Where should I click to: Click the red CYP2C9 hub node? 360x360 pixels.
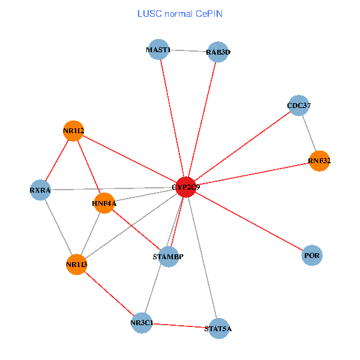coord(186,187)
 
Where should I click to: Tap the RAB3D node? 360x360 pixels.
coord(217,52)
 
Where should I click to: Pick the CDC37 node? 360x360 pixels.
coord(298,106)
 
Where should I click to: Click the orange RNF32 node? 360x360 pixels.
coord(319,161)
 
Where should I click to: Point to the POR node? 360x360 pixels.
coord(312,256)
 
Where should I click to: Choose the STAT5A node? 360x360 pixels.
coord(218,328)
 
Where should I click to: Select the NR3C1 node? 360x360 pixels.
coord(142,323)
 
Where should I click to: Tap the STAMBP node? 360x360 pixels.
coord(169,257)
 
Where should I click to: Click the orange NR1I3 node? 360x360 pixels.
coord(76,264)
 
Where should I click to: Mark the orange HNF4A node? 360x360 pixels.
coord(104,203)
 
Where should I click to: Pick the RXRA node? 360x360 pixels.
coord(40,190)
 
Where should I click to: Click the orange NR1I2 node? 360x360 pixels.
coord(73,130)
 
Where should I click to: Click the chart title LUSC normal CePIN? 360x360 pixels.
coord(179,13)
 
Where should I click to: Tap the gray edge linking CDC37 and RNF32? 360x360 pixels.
coord(309,134)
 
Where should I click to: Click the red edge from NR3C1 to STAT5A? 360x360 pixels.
coord(180,325)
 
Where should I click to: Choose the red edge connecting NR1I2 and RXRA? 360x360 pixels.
coord(57,160)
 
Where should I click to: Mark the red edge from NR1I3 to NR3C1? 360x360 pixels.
coord(109,293)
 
